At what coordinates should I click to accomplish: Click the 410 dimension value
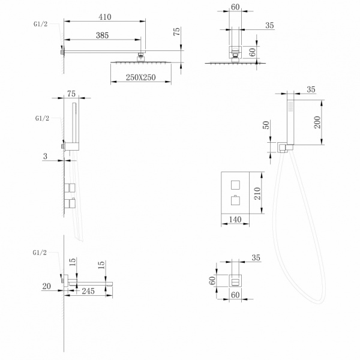click(105, 18)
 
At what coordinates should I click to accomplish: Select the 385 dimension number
click(102, 36)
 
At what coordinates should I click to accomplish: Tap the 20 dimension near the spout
click(47, 287)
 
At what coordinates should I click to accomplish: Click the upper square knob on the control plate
click(235, 183)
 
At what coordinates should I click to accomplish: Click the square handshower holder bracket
click(285, 146)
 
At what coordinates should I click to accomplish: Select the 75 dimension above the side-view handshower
click(71, 94)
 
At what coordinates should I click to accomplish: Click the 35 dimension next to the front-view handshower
click(310, 90)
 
